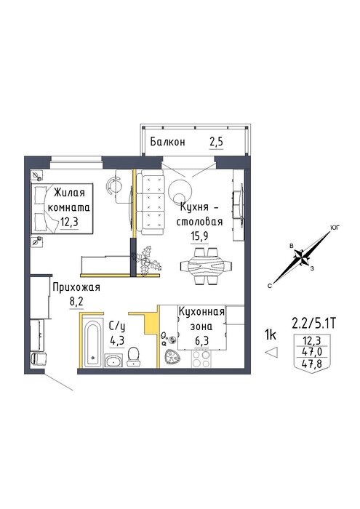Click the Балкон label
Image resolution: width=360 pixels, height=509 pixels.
(167, 142)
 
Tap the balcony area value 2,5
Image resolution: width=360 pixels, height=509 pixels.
(217, 143)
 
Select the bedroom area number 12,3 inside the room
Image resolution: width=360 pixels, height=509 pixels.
(70, 223)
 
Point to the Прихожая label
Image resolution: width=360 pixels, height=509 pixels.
(76, 287)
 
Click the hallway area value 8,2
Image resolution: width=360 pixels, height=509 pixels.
(76, 302)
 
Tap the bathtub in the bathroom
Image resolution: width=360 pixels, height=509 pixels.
(93, 344)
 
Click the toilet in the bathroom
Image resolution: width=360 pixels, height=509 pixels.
(134, 356)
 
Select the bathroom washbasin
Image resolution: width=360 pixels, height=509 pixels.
(113, 360)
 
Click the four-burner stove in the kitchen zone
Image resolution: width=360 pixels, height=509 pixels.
(201, 359)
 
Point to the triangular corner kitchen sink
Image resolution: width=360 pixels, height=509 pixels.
(172, 358)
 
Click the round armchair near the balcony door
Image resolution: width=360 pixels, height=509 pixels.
(180, 191)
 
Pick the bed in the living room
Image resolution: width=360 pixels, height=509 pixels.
(62, 208)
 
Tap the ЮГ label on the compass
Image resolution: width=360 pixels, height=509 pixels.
(335, 228)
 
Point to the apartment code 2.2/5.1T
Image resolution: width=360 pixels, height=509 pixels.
(313, 324)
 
